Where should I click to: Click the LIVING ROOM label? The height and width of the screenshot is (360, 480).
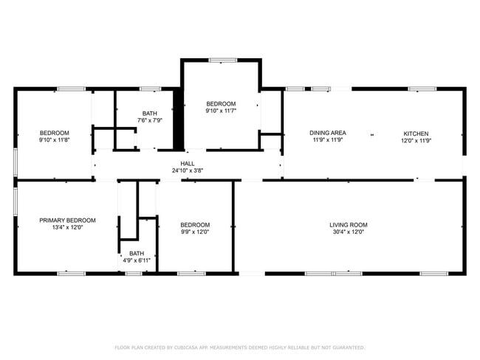coord(348,225)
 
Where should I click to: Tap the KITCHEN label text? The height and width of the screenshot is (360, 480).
coord(414,134)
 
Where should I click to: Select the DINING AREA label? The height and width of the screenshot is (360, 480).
coord(327,134)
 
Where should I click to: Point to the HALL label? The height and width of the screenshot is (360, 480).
coord(188,164)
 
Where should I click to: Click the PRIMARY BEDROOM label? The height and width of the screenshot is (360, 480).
coord(67,220)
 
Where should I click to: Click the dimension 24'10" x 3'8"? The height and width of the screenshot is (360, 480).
coord(188,170)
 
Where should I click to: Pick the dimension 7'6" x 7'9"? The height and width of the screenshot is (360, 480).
coord(149,120)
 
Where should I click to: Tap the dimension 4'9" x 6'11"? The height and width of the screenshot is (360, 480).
coord(137,260)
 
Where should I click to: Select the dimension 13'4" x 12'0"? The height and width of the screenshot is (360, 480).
coord(67,227)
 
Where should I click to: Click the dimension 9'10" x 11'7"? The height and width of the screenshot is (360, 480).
coord(220,111)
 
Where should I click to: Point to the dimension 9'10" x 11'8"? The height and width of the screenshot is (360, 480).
coord(54,139)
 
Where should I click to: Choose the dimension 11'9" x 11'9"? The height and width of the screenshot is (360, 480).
coord(327,140)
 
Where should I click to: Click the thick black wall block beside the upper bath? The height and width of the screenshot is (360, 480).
coord(177,120)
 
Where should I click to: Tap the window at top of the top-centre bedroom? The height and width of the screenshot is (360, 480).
coord(219,60)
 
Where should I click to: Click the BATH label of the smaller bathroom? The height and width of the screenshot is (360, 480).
coord(137,254)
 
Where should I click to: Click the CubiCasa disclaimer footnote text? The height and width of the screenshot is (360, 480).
coord(239,347)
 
